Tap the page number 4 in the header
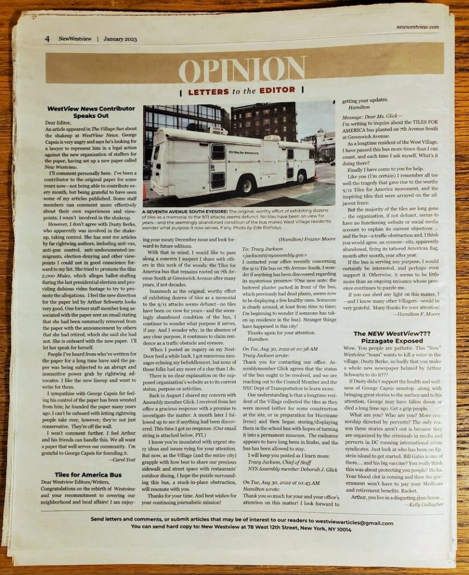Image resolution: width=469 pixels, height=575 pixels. tap(48, 39)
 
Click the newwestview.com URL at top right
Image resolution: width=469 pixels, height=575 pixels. tap(417, 27)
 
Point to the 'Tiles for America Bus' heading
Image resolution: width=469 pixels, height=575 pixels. tap(89, 474)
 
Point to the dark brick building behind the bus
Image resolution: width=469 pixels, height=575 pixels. tap(264, 121)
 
